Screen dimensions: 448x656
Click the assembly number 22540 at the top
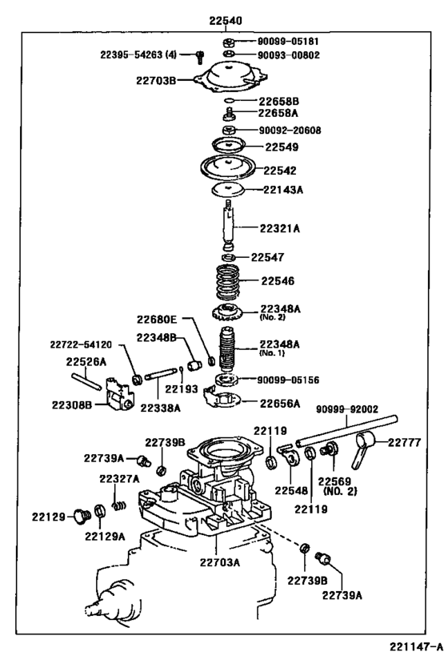(226, 21)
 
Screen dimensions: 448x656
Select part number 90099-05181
(287, 42)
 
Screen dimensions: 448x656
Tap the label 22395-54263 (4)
(138, 54)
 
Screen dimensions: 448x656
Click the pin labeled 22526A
(86, 381)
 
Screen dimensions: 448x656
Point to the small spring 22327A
(119, 505)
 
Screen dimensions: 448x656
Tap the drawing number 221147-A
(416, 646)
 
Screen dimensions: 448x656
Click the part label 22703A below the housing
(219, 562)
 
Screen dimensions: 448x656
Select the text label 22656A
(279, 404)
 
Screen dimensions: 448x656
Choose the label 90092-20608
(290, 131)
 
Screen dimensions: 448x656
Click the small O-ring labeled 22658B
(230, 100)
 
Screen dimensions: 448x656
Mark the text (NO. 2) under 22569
(340, 491)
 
